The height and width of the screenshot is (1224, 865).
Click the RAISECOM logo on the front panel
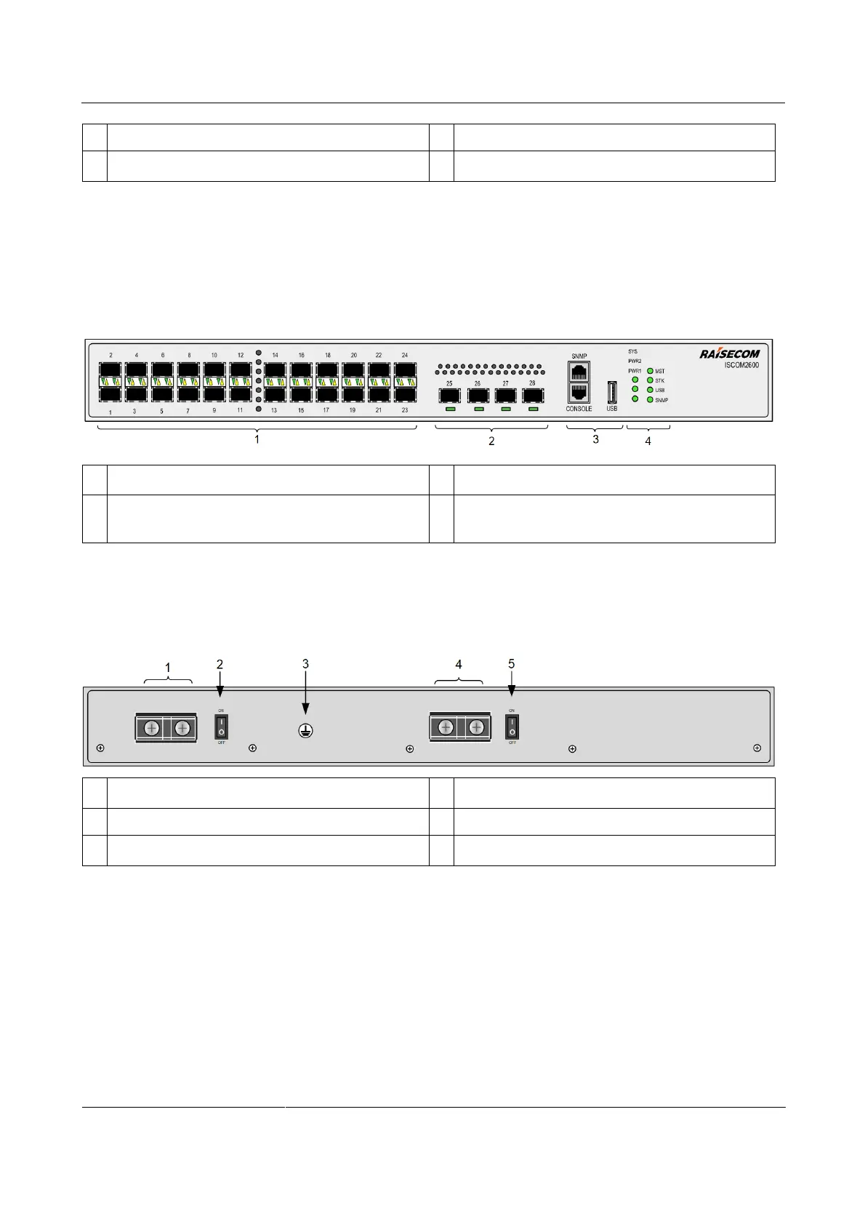729,353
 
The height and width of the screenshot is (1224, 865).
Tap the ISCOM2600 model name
741,365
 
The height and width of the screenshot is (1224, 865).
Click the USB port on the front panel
612,392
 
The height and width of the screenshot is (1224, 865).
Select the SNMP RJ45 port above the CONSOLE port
579,372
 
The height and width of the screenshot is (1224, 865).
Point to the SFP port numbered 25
450,396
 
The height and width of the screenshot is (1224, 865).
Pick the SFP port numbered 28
533,396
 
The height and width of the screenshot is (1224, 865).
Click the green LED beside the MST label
650,371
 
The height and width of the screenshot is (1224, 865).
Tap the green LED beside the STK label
650,380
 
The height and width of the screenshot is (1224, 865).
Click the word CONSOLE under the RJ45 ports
579,409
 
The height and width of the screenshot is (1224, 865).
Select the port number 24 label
405,355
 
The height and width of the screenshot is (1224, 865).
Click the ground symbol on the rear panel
305,731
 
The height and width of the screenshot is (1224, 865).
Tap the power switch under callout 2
221,726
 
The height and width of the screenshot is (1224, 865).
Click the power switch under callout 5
512,726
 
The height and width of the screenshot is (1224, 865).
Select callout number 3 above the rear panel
305,663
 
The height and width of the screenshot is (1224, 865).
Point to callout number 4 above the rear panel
459,664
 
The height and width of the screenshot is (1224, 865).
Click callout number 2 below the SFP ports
491,441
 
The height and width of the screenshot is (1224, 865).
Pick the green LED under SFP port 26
478,410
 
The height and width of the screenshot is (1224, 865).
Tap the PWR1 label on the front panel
635,371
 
